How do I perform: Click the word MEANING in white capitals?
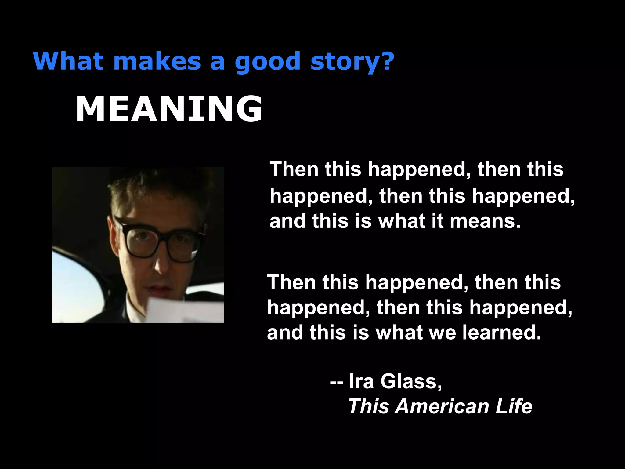(169, 109)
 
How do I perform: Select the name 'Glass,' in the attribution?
(411, 381)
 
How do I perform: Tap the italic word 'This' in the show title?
(369, 406)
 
